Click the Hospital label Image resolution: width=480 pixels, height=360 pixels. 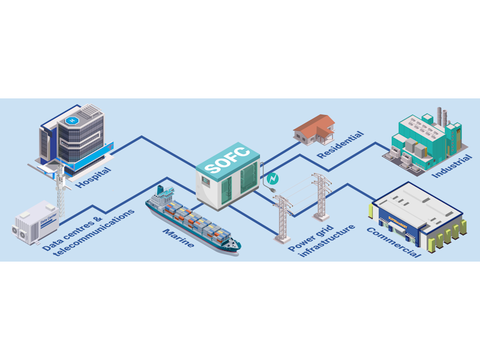pyautogui.click(x=93, y=178)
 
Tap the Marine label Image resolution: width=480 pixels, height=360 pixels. pyautogui.click(x=178, y=238)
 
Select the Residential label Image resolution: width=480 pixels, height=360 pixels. pyautogui.click(x=340, y=145)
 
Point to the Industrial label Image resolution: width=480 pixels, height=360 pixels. pyautogui.click(x=452, y=166)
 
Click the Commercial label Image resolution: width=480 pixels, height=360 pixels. pyautogui.click(x=394, y=242)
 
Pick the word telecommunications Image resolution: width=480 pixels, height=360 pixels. pyautogui.click(x=94, y=232)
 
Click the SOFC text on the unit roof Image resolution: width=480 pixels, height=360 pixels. pyautogui.click(x=226, y=160)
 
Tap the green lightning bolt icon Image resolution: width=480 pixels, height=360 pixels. pyautogui.click(x=272, y=179)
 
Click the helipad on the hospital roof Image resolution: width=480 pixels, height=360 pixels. pyautogui.click(x=73, y=121)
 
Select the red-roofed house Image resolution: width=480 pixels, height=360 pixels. pyautogui.click(x=314, y=129)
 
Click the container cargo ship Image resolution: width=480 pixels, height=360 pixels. pyautogui.click(x=193, y=220)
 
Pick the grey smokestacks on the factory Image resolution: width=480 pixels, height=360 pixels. pyautogui.click(x=442, y=116)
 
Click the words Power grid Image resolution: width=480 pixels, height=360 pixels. pyautogui.click(x=310, y=238)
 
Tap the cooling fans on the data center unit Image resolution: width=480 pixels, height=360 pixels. pyautogui.click(x=20, y=232)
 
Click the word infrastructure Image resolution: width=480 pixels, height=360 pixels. pyautogui.click(x=326, y=241)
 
